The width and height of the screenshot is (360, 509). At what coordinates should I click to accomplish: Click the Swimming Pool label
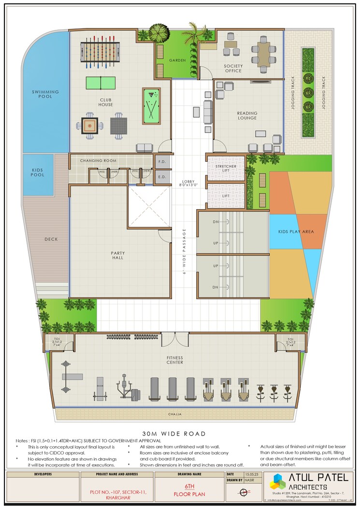click(45, 94)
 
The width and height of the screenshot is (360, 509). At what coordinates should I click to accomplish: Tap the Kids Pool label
click(38, 172)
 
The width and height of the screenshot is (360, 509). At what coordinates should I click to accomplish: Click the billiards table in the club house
click(151, 105)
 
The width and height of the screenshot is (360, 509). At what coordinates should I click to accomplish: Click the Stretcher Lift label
click(226, 168)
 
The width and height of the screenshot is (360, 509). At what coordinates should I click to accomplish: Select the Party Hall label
click(117, 254)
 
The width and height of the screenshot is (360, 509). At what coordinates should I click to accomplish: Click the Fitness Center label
click(175, 360)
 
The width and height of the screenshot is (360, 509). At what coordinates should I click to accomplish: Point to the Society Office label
click(233, 68)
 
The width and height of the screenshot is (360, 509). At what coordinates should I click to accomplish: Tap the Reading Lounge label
click(247, 116)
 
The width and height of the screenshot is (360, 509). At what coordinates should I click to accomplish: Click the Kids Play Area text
click(296, 232)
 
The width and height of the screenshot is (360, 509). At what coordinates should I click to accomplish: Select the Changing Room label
click(98, 160)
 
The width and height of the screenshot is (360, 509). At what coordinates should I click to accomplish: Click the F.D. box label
click(162, 162)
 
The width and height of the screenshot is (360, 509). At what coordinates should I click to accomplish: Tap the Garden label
click(177, 60)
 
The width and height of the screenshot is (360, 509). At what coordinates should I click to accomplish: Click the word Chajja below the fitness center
click(175, 414)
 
